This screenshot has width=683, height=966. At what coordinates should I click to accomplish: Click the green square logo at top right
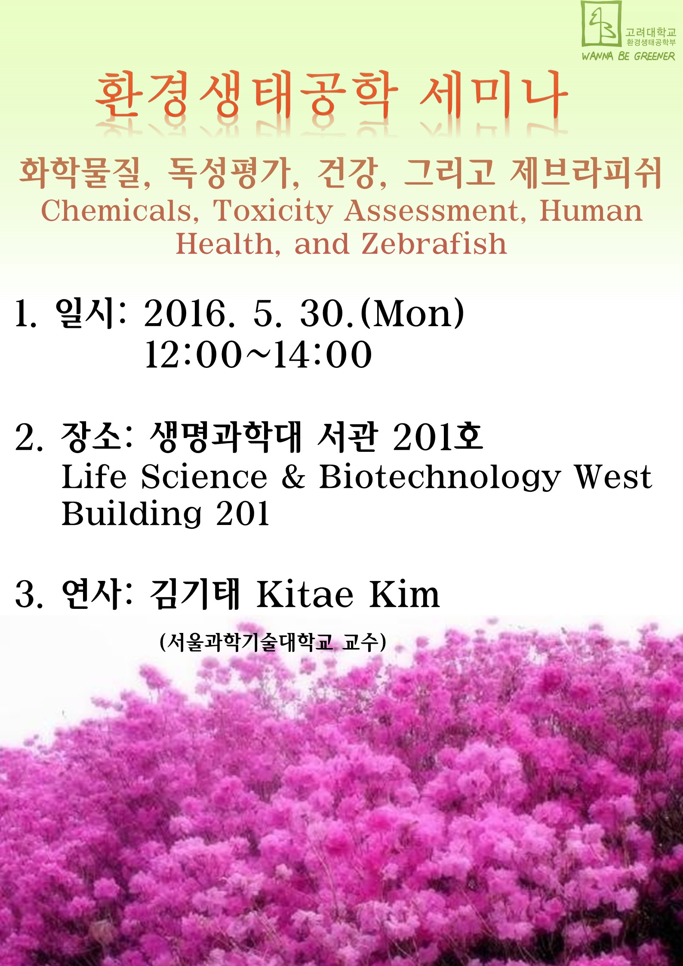click(x=601, y=24)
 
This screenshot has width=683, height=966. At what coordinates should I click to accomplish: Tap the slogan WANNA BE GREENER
click(x=628, y=56)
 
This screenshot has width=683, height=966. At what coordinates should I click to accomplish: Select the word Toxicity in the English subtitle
click(x=273, y=212)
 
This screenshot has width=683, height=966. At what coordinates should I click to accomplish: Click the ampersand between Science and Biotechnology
click(x=293, y=477)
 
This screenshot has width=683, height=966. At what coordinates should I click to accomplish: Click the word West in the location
click(x=613, y=477)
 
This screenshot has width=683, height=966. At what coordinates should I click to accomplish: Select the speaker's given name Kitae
click(x=305, y=595)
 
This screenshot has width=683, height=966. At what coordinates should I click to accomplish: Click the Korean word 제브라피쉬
click(x=585, y=173)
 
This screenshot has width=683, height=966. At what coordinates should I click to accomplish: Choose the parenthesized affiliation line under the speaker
click(x=273, y=643)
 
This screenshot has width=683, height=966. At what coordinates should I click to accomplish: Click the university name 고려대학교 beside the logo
click(x=651, y=32)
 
